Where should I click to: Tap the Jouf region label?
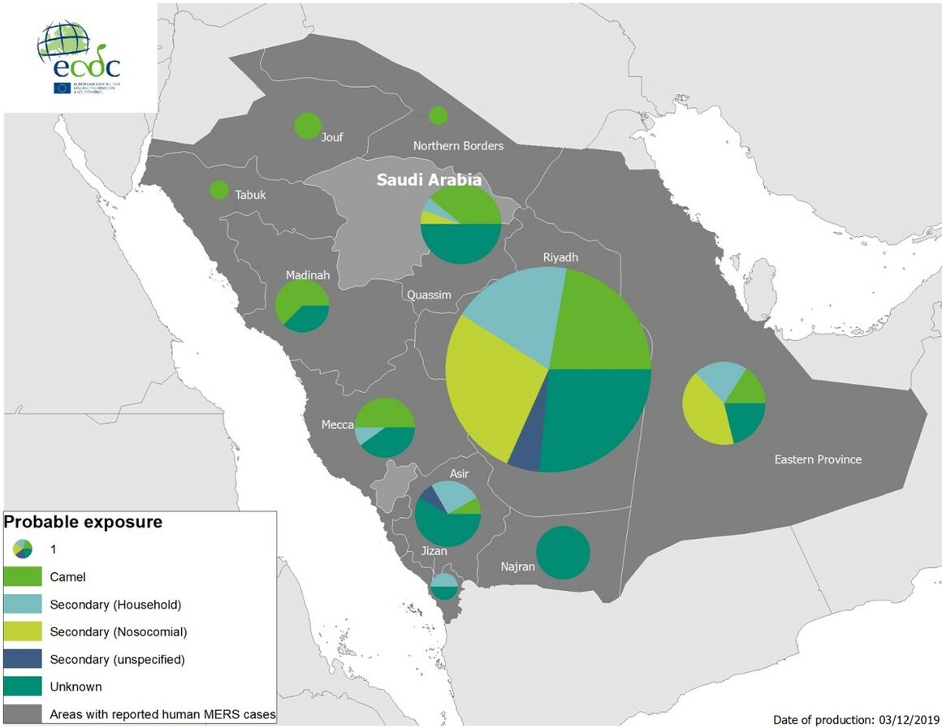332,136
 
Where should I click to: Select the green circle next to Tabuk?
218,190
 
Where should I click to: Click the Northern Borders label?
458,146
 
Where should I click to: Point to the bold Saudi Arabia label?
429,180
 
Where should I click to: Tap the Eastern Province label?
817,459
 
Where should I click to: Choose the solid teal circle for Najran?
563,553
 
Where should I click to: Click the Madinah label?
308,275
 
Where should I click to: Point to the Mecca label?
337,424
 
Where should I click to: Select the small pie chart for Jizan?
444,586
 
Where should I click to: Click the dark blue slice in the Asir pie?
430,498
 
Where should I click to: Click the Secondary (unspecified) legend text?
117,659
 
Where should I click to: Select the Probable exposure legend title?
84,522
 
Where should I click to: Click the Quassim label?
429,295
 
